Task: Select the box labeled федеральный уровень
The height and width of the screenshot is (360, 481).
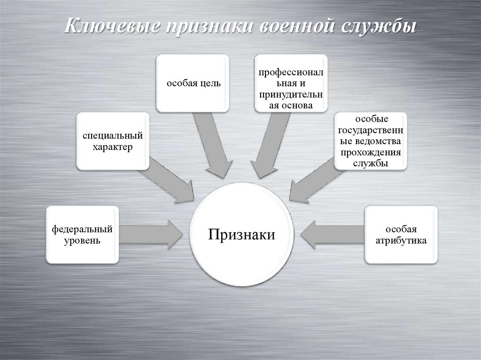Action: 82,235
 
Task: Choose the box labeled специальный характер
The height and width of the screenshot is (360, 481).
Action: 113,141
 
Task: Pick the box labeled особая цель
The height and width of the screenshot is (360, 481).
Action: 193,83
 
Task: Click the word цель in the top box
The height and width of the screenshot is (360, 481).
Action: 209,83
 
